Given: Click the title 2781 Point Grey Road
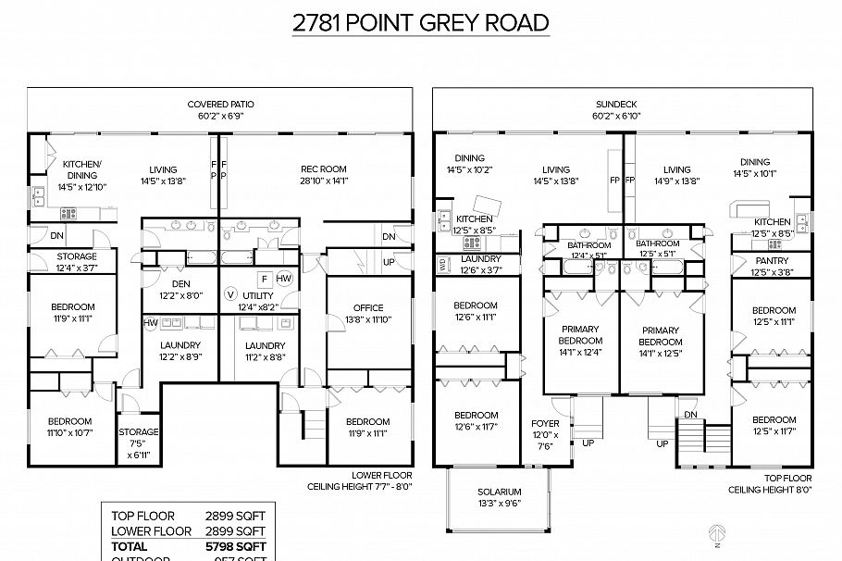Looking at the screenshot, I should [x=421, y=23].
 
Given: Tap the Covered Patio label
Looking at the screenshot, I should [x=220, y=105].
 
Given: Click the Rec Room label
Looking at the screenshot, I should [x=323, y=168].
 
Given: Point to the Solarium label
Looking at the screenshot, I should [x=500, y=492].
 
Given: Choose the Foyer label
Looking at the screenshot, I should [x=546, y=424].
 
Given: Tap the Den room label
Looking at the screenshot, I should [x=180, y=284].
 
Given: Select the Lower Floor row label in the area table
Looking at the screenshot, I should [x=151, y=531].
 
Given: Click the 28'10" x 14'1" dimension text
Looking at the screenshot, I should [x=323, y=181].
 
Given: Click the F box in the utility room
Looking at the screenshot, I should [x=264, y=278].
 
